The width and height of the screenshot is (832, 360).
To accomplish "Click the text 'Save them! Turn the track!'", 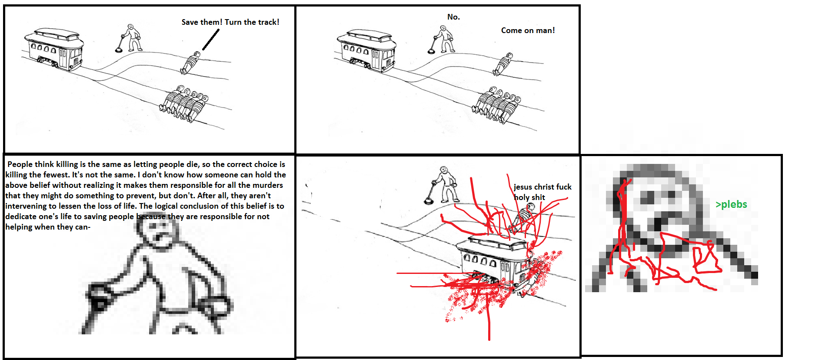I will (x=230, y=22).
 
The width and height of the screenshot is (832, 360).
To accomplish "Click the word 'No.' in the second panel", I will (x=453, y=17).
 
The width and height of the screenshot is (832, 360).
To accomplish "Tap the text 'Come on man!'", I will (x=528, y=30).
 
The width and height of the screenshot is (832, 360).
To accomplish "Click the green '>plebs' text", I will (x=731, y=204).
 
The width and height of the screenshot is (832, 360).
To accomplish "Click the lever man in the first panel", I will (x=132, y=38).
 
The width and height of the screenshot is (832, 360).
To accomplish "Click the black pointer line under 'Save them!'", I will (x=211, y=40).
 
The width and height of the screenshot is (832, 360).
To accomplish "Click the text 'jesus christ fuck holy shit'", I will (x=542, y=192).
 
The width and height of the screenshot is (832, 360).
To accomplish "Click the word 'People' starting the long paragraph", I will (x=20, y=164).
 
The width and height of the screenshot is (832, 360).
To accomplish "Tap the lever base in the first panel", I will (x=119, y=50).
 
